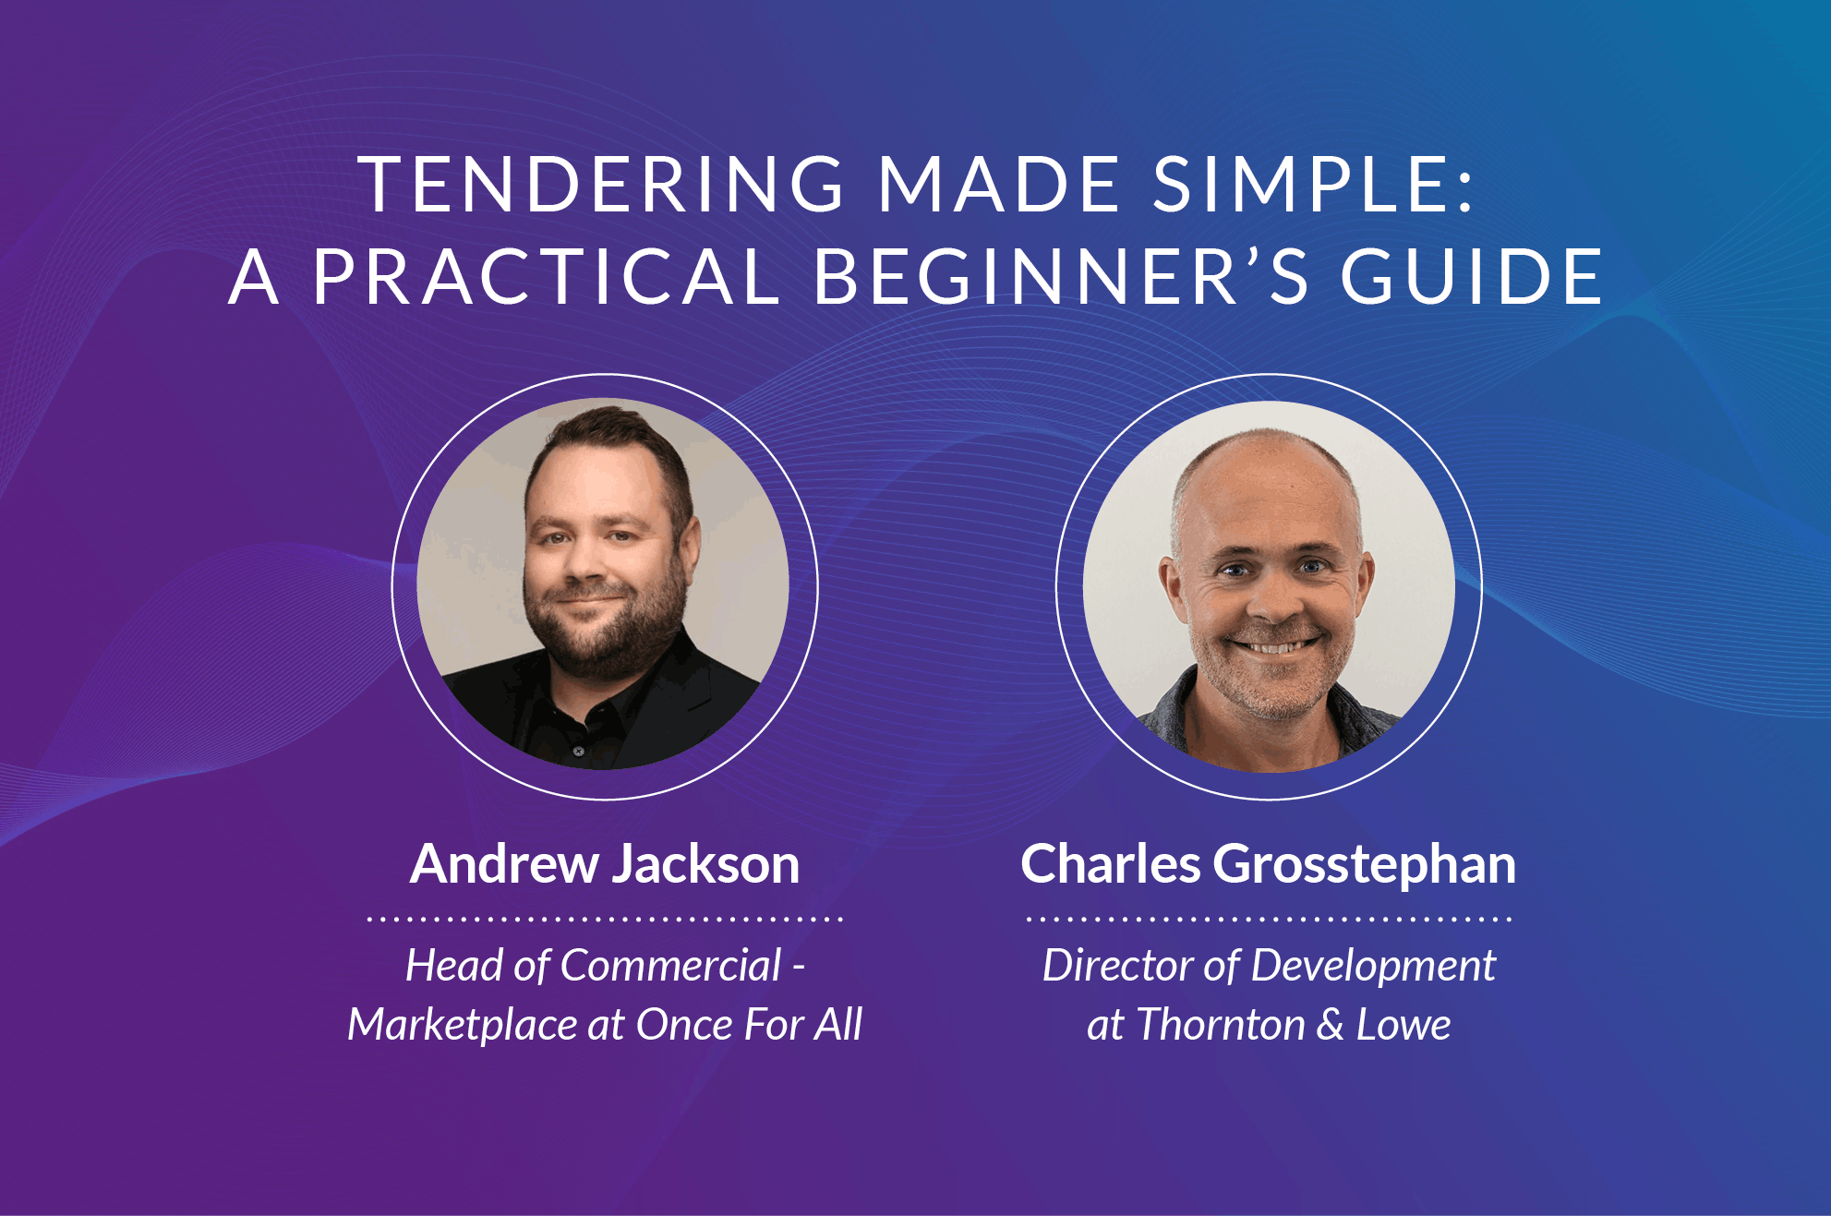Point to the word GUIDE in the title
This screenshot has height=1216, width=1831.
[x=1472, y=276]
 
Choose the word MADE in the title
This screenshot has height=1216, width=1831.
[x=999, y=184]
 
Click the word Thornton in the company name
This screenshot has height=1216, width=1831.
[x=1222, y=1025]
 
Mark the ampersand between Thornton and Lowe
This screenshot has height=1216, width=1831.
[x=1331, y=1026]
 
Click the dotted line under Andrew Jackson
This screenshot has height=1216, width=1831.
[x=605, y=919]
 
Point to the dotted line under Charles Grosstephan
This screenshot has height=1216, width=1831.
[x=1269, y=919]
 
